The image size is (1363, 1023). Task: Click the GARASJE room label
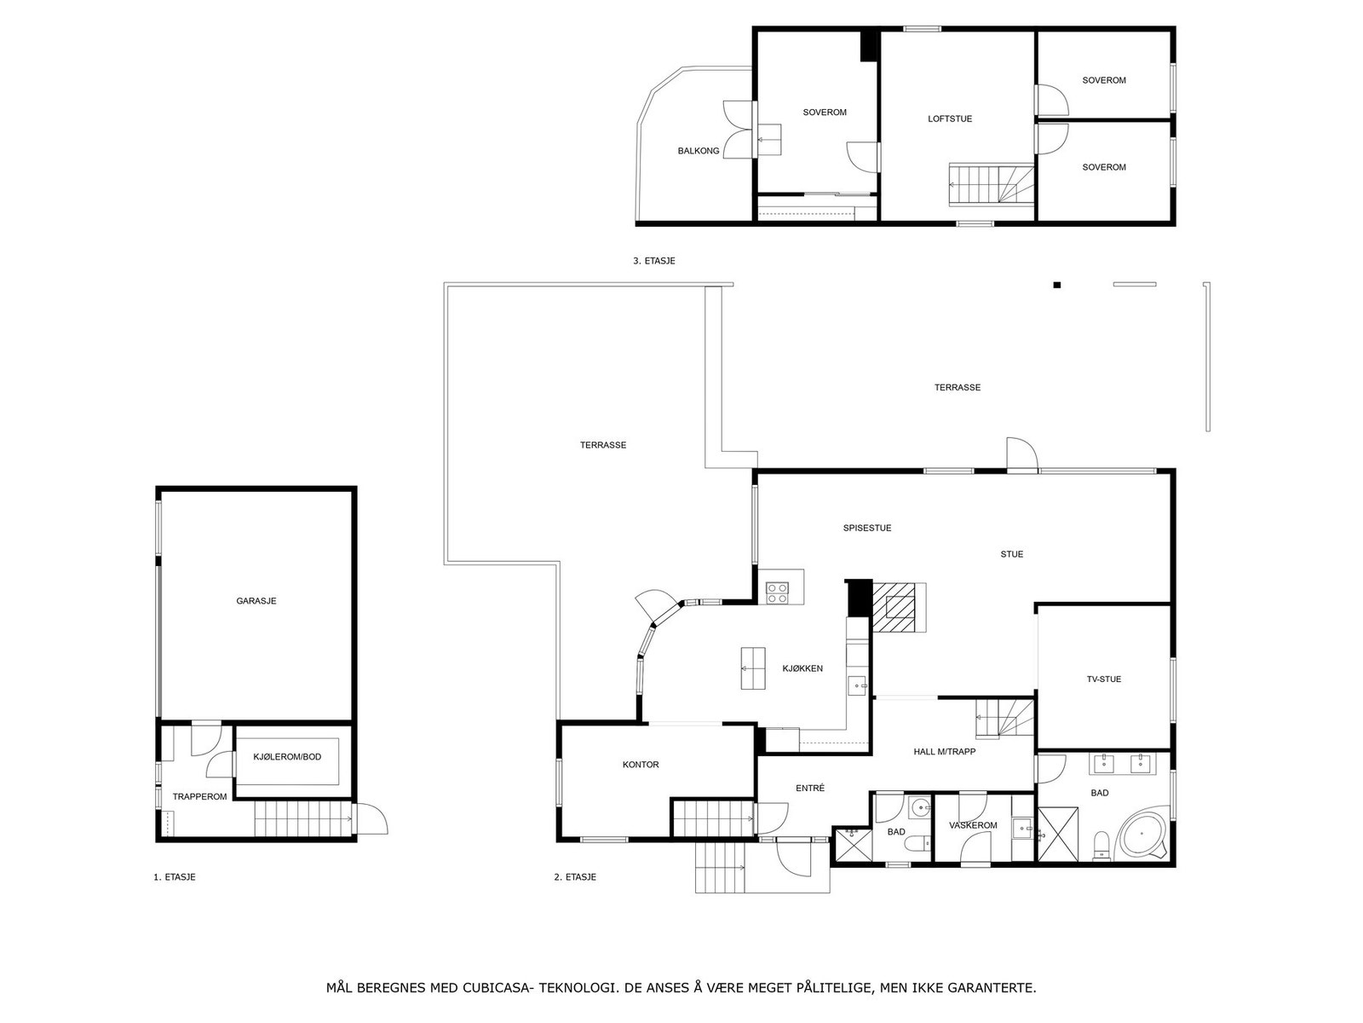[256, 601]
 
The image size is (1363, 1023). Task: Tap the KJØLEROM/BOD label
[287, 757]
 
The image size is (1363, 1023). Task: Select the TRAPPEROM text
[199, 797]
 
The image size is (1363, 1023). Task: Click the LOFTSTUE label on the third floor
[950, 119]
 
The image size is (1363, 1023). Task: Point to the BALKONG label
[699, 151]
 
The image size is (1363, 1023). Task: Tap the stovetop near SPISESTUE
[777, 592]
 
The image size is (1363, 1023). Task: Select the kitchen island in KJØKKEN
[753, 668]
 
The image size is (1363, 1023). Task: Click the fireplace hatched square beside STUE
[899, 607]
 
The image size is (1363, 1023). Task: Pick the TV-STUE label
[1103, 679]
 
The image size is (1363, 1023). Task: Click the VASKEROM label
[973, 825]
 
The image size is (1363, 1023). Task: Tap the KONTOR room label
[641, 765]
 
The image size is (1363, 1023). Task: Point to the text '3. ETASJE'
[653, 261]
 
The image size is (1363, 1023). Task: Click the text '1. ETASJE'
[175, 877]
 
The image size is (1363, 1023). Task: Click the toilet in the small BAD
[918, 845]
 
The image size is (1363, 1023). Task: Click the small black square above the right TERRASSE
[1056, 285]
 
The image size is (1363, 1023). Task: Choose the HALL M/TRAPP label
[944, 752]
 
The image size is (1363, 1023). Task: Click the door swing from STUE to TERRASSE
[1020, 454]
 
